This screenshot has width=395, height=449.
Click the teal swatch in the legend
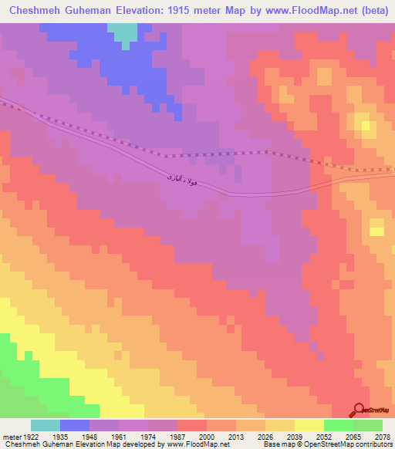[46, 425]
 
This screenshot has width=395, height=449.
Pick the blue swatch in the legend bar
[75, 425]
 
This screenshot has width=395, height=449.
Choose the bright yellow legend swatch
[309, 425]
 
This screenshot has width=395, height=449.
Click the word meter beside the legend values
[11, 436]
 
